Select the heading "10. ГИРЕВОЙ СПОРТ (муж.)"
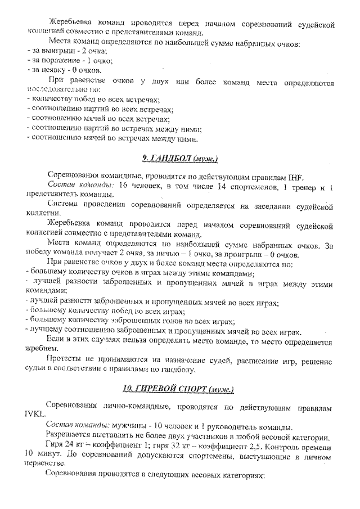[x=179, y=389]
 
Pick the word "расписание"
[x=244, y=360]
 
